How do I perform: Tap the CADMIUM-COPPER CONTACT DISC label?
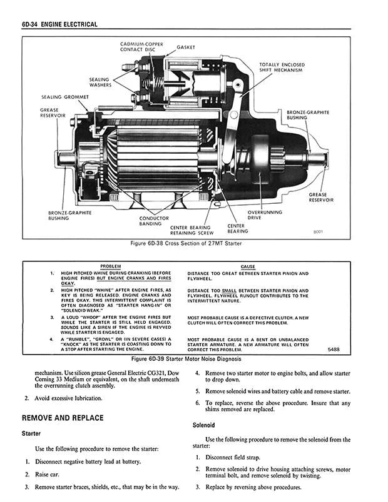tap(141, 48)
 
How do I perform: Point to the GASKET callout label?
tap(186, 48)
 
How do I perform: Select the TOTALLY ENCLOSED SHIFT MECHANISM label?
tap(282, 67)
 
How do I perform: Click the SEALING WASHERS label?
tap(100, 82)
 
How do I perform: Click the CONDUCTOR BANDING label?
tap(154, 221)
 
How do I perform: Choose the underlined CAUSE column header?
tap(248, 267)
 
